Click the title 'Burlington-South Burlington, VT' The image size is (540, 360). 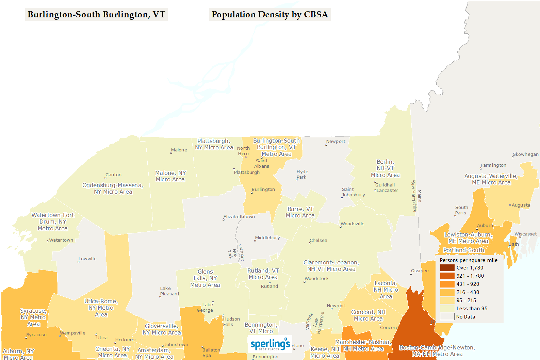(96, 15)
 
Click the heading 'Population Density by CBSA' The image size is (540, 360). (269, 15)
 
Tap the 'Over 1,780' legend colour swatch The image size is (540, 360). (447, 268)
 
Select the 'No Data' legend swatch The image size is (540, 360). (447, 317)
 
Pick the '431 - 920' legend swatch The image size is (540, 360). (447, 284)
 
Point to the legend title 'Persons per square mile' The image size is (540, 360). (468, 260)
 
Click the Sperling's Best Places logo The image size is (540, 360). (270, 344)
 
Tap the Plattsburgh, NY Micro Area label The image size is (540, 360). (214, 144)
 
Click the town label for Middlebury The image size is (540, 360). (267, 238)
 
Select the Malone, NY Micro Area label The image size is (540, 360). (170, 176)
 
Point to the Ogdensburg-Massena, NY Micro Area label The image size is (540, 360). (113, 189)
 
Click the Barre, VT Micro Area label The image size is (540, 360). (300, 212)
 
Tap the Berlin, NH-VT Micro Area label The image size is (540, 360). (385, 168)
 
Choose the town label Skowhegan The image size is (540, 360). (525, 154)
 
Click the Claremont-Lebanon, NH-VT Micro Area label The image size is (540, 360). (331, 266)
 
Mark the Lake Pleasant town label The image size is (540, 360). (169, 291)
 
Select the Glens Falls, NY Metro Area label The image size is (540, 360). (205, 278)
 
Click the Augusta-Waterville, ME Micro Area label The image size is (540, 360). (491, 179)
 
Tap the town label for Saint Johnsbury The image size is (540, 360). (353, 192)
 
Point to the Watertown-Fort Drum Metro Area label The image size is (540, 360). (53, 222)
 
